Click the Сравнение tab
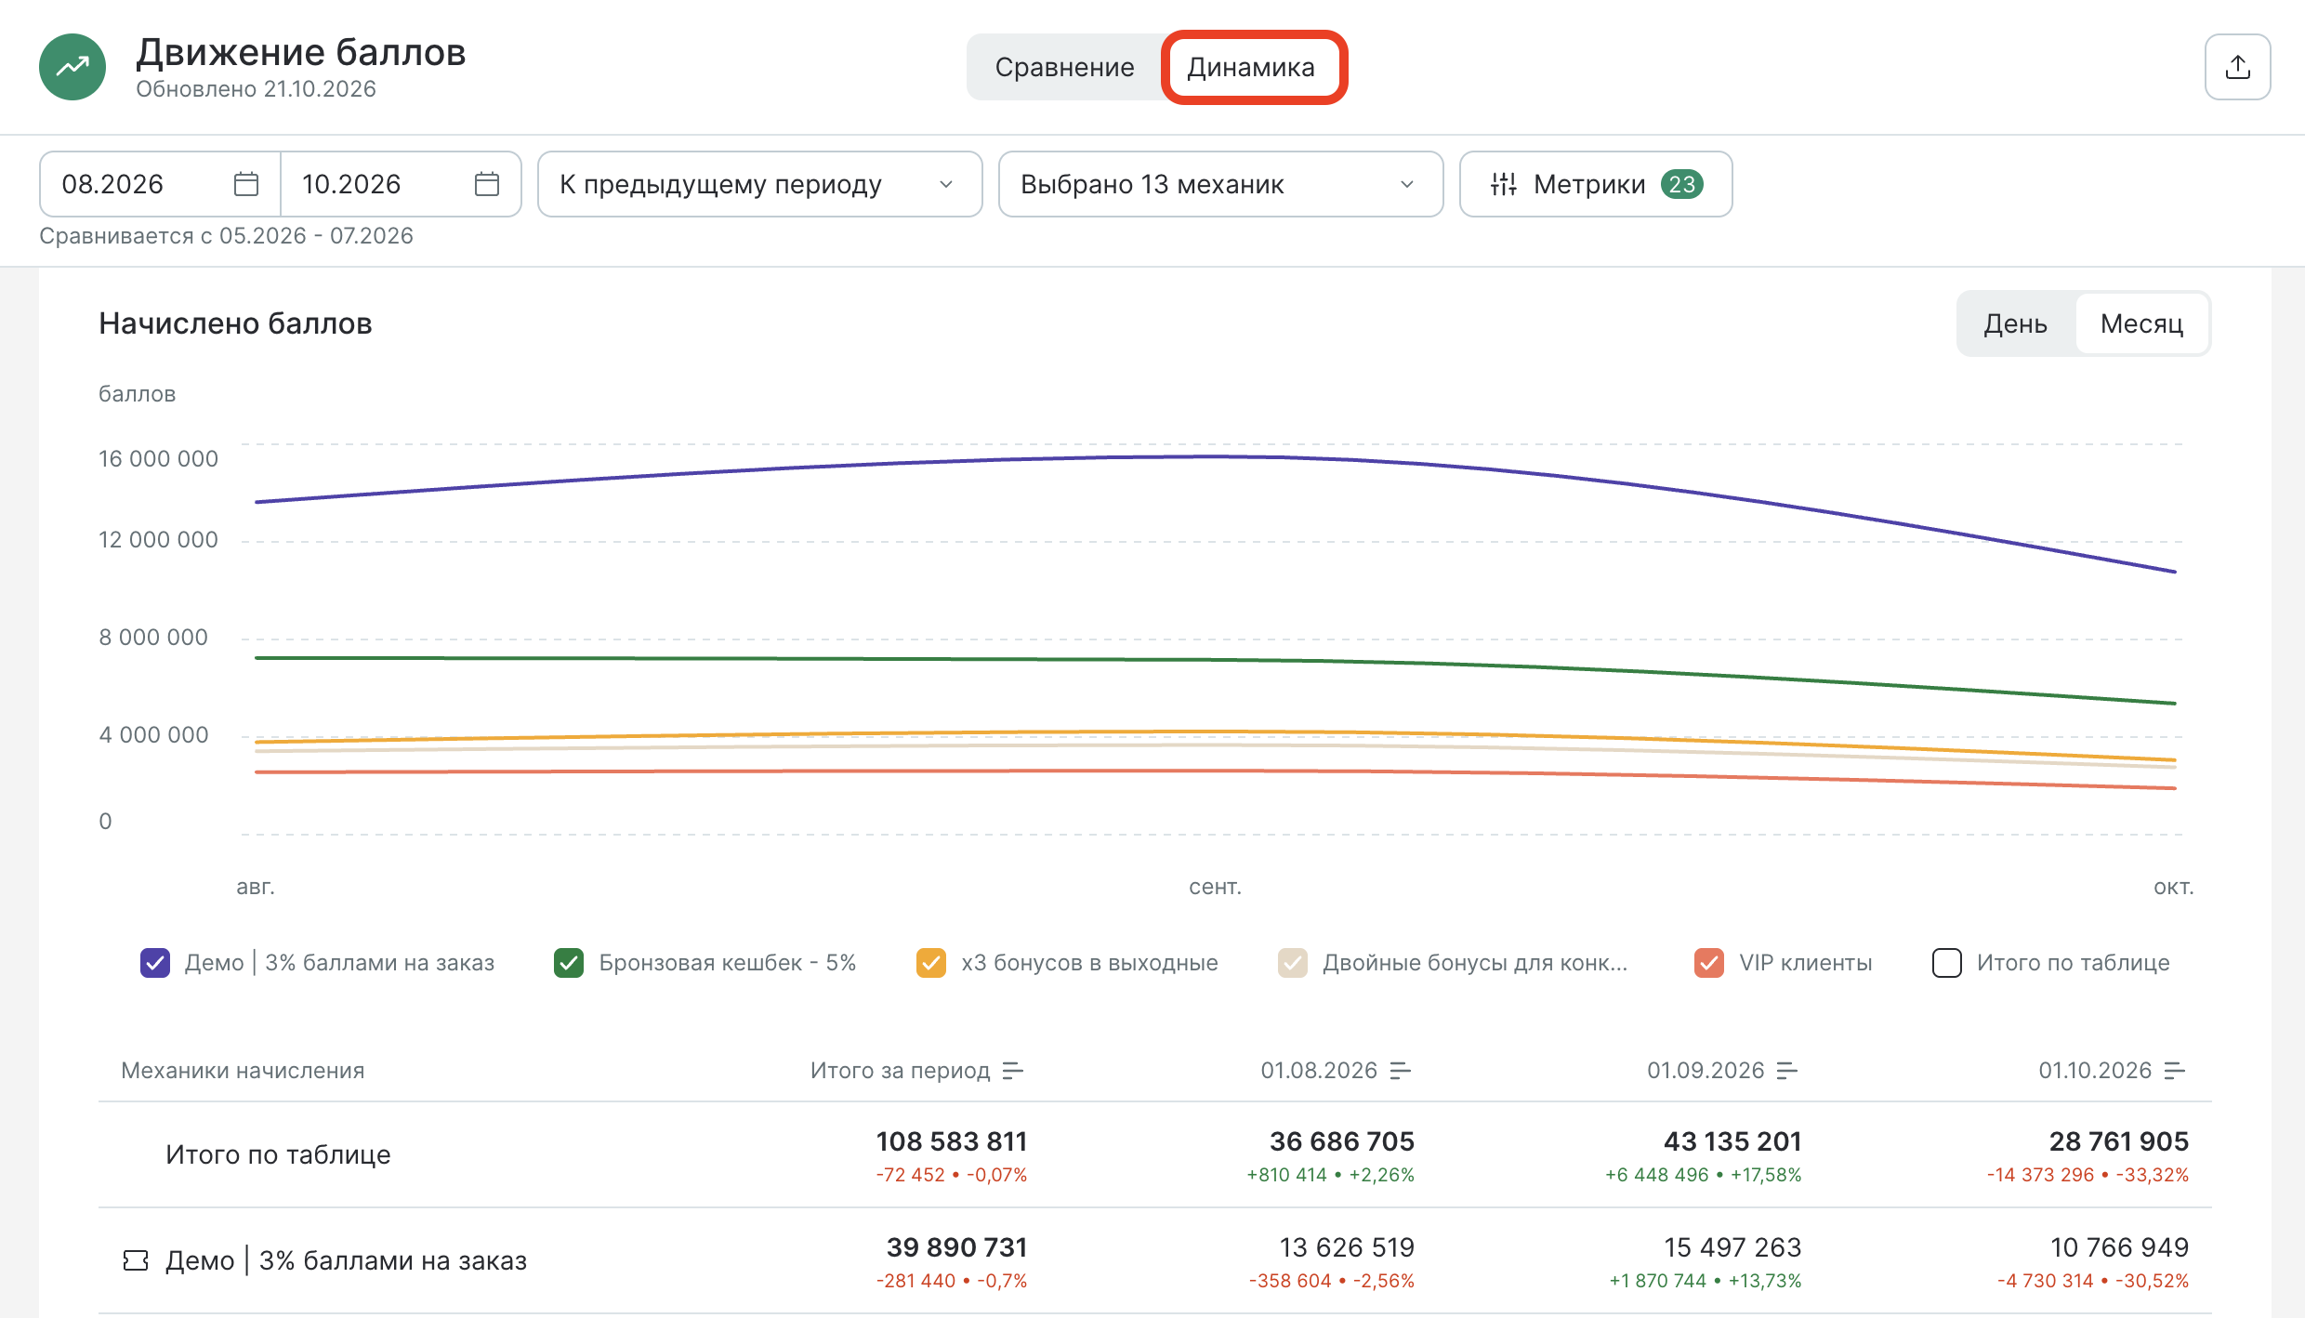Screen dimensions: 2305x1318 point(1064,67)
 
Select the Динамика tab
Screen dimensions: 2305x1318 point(1251,67)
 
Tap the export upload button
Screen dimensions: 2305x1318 point(2237,67)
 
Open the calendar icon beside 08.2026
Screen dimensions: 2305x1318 point(246,184)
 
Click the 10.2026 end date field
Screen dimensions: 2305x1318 point(401,184)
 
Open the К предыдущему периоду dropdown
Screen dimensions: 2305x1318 point(759,184)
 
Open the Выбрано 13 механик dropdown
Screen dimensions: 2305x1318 point(1220,184)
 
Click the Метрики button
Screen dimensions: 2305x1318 point(1596,184)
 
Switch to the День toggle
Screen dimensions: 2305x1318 point(2015,323)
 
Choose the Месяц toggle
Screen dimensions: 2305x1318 point(2141,323)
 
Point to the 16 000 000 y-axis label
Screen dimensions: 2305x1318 point(158,458)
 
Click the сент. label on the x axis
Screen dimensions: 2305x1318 point(1215,887)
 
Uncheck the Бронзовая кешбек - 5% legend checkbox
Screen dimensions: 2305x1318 point(569,963)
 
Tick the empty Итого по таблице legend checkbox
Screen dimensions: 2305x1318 point(1947,963)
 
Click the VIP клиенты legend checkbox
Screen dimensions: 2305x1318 point(1709,963)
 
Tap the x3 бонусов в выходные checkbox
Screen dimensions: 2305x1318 point(931,963)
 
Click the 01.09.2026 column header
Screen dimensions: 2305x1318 point(1706,1071)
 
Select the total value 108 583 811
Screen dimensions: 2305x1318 point(952,1141)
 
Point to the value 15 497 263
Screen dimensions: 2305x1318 point(1732,1247)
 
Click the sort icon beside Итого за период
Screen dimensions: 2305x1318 point(1013,1071)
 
